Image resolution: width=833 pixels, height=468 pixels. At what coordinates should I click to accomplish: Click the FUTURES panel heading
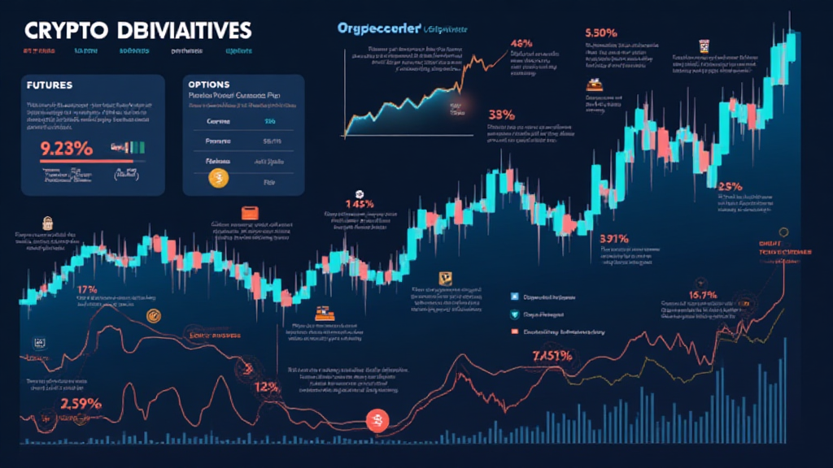point(50,84)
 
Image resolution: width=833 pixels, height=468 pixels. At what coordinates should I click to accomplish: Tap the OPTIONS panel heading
point(208,84)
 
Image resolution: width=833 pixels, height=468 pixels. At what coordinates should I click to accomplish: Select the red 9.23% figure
point(67,149)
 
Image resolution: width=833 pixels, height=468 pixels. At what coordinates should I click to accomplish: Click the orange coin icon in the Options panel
point(218,176)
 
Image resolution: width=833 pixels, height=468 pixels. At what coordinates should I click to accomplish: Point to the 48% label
point(521,43)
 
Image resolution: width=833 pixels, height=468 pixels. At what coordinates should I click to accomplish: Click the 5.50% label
point(603,33)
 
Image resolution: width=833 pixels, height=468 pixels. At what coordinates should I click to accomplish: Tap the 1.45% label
point(359,204)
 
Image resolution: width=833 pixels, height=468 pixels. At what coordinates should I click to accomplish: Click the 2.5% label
point(730,186)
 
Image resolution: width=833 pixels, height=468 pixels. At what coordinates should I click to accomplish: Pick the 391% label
point(614,239)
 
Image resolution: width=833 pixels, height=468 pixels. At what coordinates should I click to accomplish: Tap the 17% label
point(86,289)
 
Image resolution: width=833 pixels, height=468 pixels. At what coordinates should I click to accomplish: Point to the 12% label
point(267,388)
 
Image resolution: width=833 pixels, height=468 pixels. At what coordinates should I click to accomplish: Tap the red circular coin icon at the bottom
point(377,420)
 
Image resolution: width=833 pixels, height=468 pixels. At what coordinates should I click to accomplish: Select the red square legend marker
point(514,332)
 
